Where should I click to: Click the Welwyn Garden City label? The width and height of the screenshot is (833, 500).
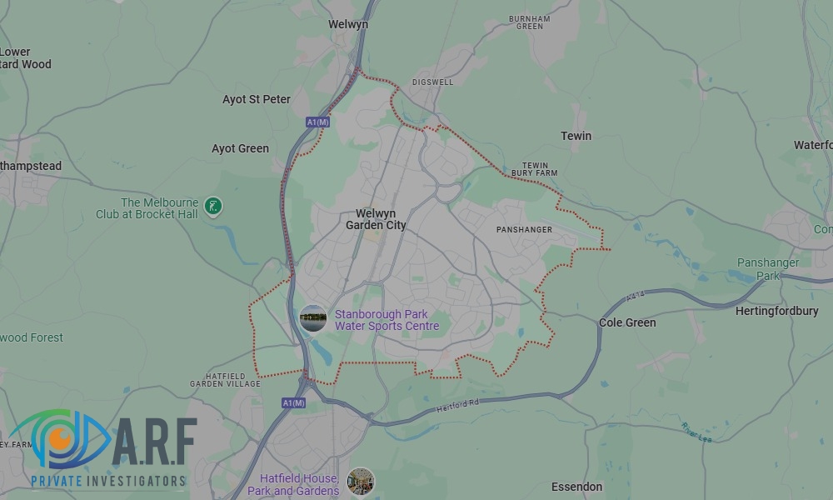376,219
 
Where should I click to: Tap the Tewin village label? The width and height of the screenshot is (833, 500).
576,136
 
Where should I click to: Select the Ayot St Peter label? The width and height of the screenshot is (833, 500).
257,99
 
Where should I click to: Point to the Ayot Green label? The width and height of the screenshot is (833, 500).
240,148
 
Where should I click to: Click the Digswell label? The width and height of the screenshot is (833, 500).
432,83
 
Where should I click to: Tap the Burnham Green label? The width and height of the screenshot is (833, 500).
530,22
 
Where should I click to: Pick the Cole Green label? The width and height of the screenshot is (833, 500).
627,322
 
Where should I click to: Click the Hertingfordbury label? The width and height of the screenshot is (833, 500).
777,311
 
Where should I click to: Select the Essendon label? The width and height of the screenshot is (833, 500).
576,487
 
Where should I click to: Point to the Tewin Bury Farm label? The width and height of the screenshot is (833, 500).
534,169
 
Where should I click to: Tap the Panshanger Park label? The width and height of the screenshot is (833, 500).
768,268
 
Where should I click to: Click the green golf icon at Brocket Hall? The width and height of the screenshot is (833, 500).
214,206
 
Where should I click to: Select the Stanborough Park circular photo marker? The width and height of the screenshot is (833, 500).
313,318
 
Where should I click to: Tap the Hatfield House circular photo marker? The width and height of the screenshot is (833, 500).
361,481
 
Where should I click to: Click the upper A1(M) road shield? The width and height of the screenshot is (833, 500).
318,122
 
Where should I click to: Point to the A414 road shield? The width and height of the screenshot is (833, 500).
636,297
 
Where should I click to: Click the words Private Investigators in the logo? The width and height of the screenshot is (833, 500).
107,481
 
